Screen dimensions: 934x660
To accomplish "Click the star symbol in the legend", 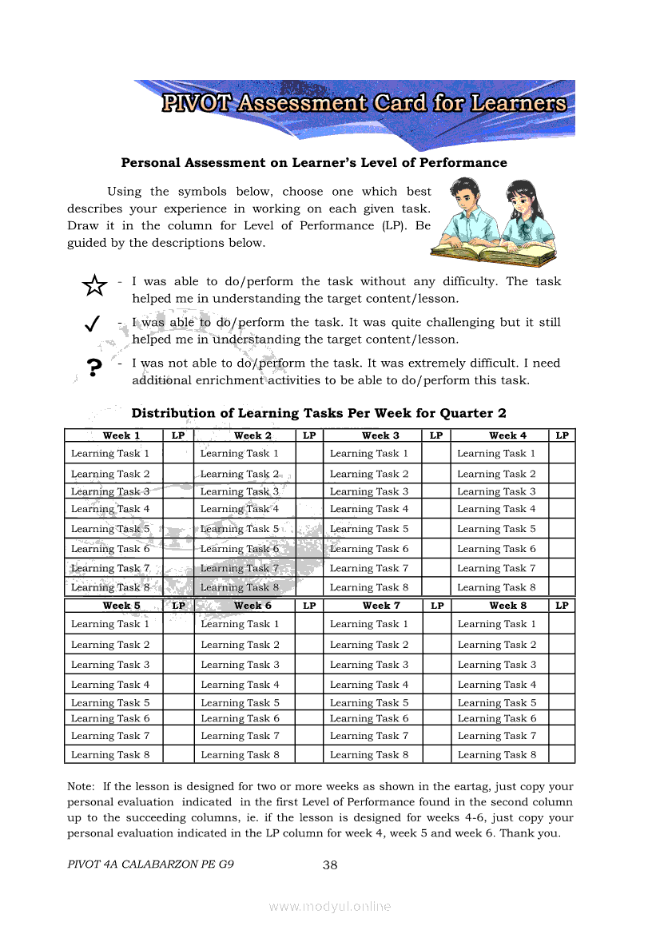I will click(94, 285).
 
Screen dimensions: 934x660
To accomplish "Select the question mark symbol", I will click(94, 367).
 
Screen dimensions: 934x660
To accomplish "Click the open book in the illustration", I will click(493, 254).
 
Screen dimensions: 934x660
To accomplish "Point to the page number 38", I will click(331, 864).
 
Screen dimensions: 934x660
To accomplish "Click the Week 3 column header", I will click(380, 435).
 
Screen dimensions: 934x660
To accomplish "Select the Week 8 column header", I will click(508, 606).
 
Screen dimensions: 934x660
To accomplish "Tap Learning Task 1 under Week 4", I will click(496, 454).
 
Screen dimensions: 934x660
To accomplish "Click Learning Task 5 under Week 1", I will click(110, 529).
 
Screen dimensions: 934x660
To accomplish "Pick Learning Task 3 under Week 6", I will click(240, 665).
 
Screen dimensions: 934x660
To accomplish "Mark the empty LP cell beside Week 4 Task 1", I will click(562, 454).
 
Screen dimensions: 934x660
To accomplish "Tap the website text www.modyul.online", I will click(330, 906).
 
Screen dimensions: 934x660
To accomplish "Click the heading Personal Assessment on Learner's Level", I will click(313, 163).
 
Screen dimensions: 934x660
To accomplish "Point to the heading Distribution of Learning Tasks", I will click(318, 413).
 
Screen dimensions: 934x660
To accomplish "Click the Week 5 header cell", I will click(121, 606).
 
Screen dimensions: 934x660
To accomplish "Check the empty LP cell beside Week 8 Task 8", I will click(562, 754).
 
